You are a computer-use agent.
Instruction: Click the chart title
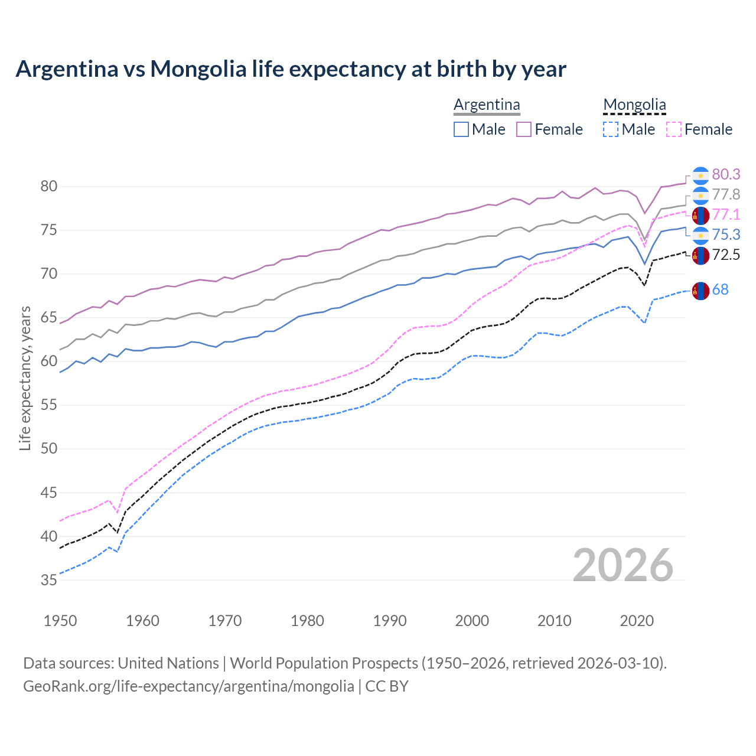tap(291, 69)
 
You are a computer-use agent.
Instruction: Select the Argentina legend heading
tap(487, 105)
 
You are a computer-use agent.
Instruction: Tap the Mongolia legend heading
tap(634, 105)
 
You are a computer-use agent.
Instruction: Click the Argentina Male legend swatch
tap(461, 129)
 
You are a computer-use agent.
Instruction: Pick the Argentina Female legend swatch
tap(524, 129)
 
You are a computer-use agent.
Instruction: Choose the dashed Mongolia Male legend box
tap(611, 129)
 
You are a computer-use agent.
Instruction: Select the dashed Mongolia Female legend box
tap(673, 129)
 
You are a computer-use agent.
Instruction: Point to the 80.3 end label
tap(726, 174)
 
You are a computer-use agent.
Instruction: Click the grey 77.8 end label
tap(726, 194)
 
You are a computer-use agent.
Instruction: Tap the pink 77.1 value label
tap(726, 214)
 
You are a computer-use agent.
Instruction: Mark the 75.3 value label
tap(726, 234)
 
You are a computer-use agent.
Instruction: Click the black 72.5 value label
tap(726, 255)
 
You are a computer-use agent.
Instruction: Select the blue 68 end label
tap(720, 289)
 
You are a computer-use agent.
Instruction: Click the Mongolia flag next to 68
tap(700, 290)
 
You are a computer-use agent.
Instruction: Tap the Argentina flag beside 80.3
tap(700, 175)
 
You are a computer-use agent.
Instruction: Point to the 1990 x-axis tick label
tap(390, 621)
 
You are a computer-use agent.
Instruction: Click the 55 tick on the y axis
tap(49, 405)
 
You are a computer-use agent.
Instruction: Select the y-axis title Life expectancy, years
tap(25, 378)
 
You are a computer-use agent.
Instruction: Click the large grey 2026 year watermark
tap(623, 565)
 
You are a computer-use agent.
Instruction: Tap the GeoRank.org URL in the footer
tap(188, 686)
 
